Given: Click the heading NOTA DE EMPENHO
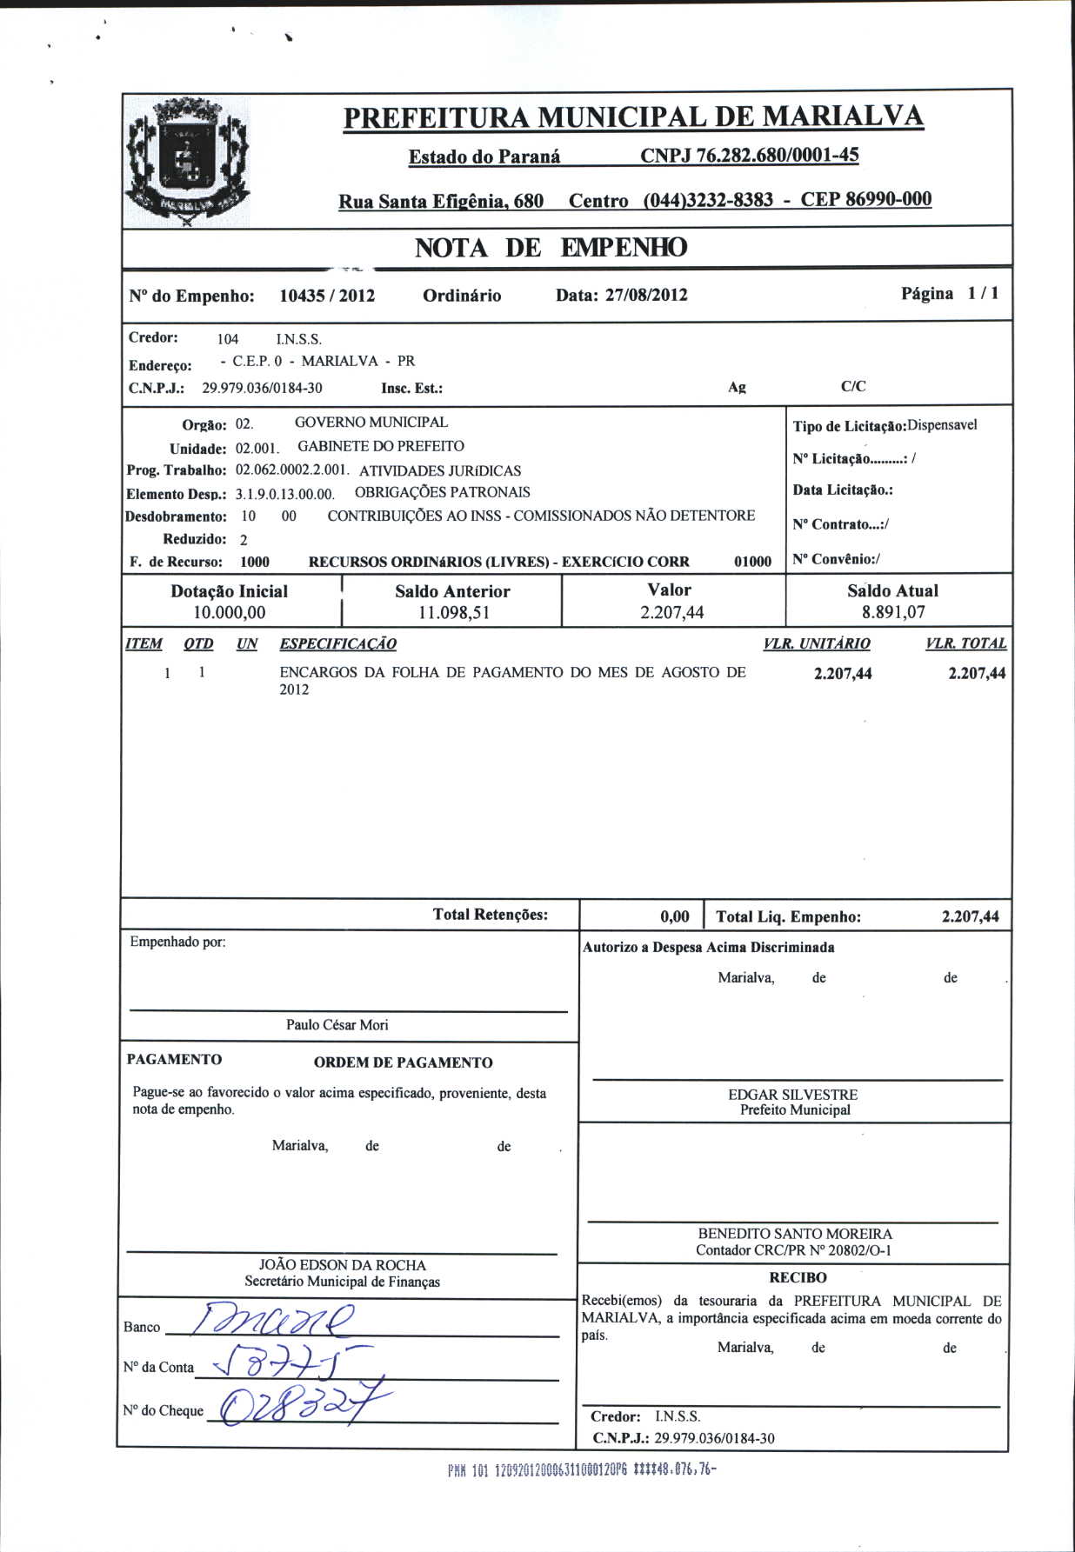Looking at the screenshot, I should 551,248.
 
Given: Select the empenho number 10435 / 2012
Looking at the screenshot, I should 327,296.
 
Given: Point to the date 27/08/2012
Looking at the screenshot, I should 646,295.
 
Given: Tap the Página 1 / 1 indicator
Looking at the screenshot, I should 950,294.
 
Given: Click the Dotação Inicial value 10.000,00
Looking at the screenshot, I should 230,613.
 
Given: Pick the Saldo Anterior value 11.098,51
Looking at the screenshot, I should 452,613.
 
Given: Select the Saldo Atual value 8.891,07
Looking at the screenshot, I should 893,612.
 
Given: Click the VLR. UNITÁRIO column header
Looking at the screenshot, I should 816,644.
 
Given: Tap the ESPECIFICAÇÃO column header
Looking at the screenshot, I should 337,644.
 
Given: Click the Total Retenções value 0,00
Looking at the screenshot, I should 675,916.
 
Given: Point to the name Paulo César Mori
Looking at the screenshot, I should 337,1025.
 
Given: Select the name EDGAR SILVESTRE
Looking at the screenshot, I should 793,1095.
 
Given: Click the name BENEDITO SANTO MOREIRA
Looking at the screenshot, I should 795,1234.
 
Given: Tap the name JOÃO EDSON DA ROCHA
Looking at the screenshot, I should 343,1265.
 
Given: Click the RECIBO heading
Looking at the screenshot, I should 798,1278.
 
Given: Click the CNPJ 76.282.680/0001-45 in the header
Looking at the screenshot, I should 750,156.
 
